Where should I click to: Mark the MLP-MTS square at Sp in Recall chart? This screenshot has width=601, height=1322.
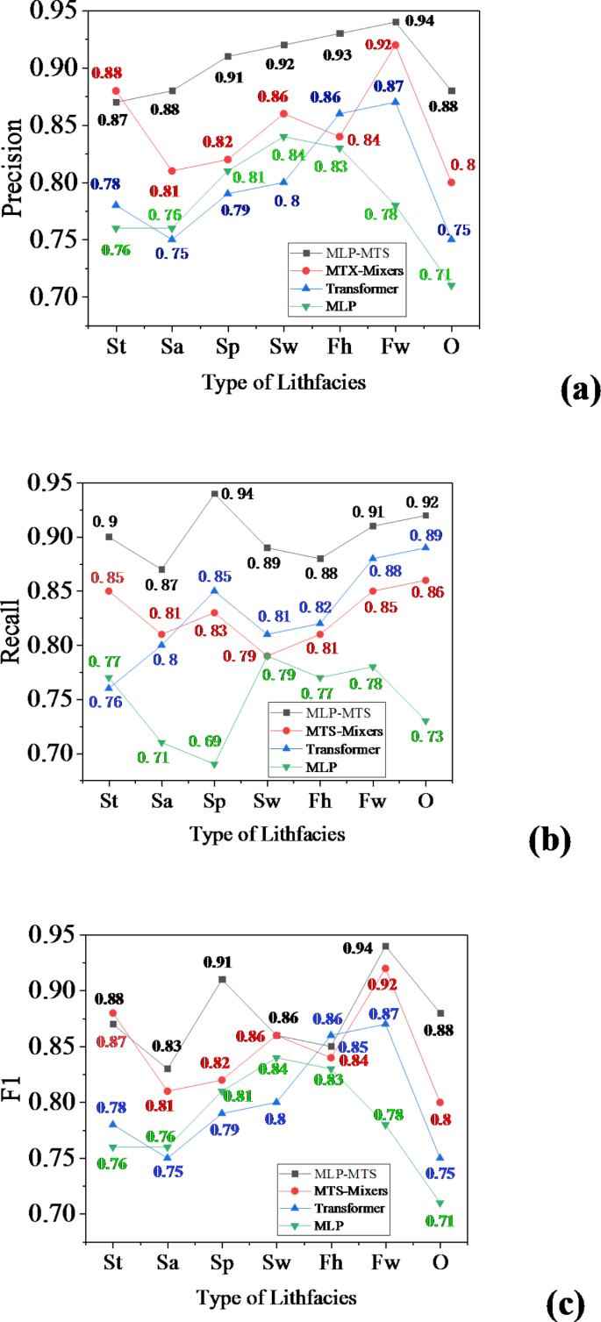[x=213, y=493]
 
